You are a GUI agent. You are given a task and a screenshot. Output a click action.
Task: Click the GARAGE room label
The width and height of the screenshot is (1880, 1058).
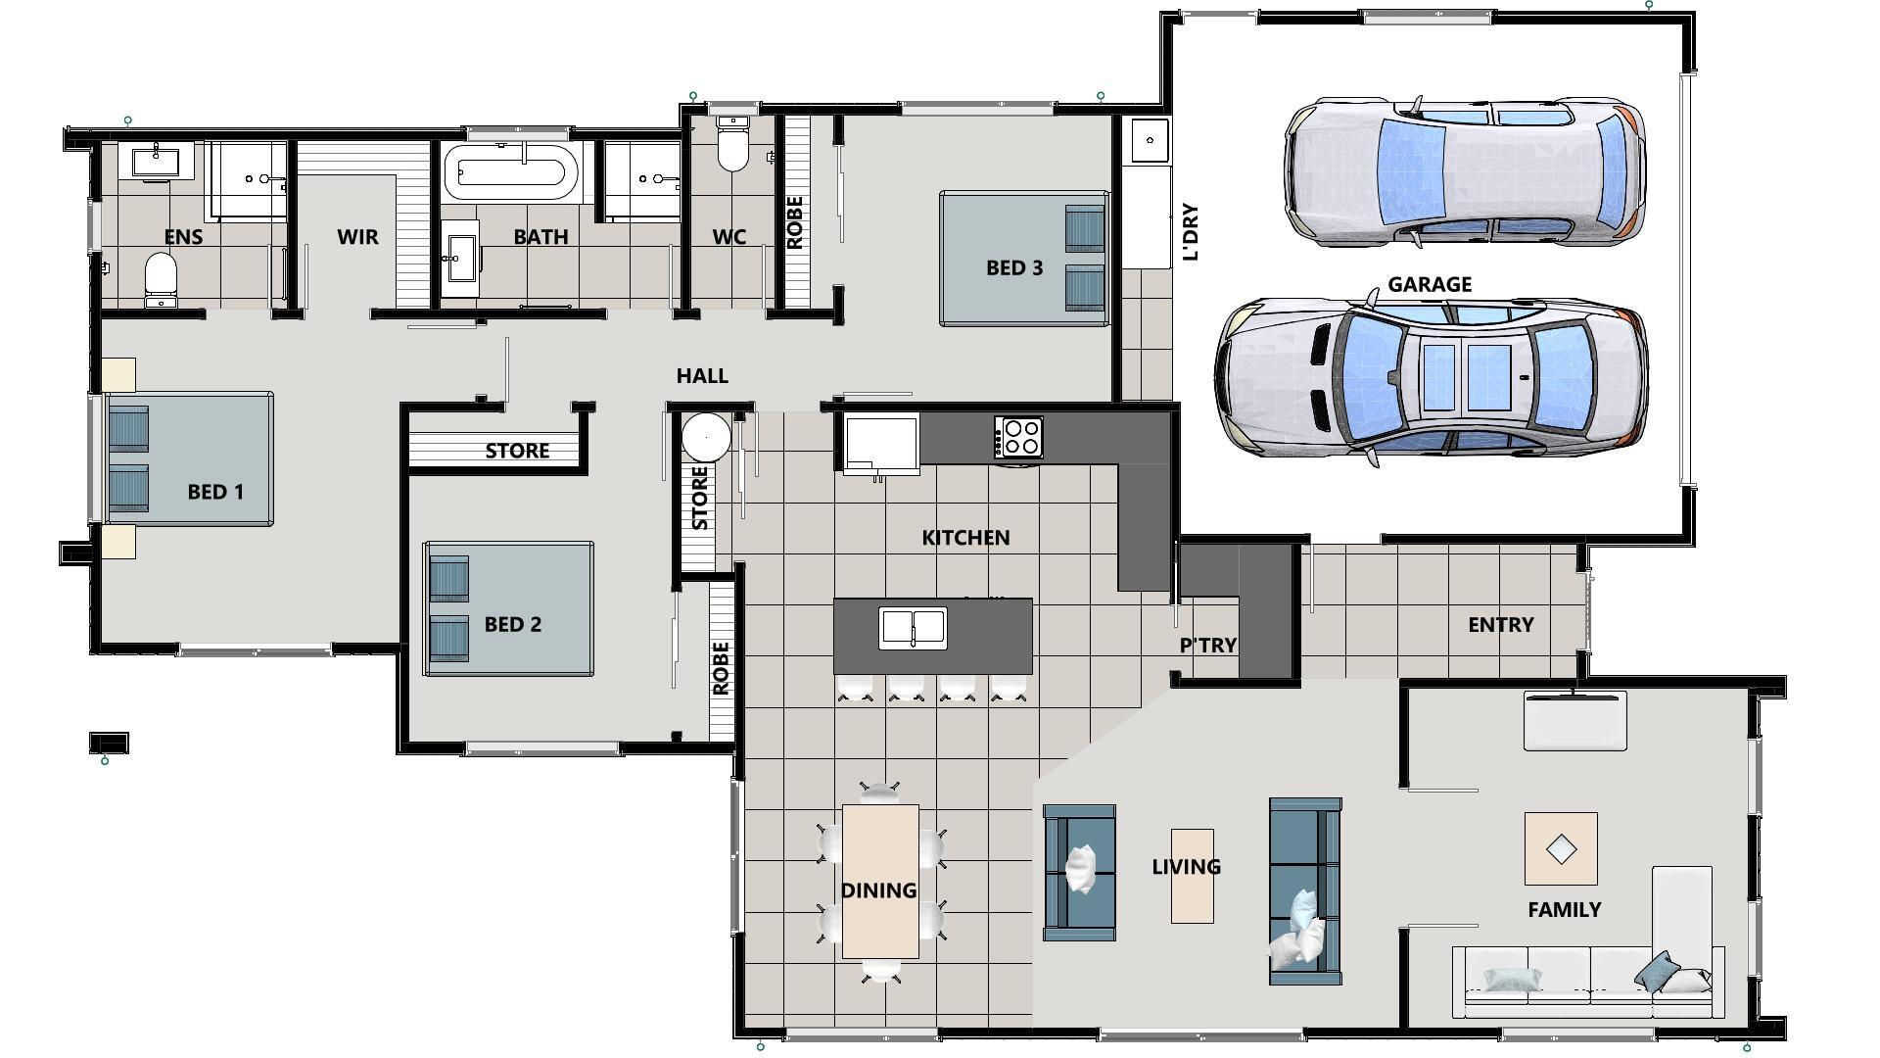pyautogui.click(x=1429, y=285)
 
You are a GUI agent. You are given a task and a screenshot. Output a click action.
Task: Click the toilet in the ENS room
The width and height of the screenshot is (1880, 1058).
pyautogui.click(x=160, y=278)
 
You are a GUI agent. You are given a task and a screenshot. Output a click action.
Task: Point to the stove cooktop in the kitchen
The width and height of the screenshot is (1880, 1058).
pyautogui.click(x=1018, y=437)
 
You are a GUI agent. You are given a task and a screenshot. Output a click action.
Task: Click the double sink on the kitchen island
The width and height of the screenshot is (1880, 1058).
pyautogui.click(x=913, y=628)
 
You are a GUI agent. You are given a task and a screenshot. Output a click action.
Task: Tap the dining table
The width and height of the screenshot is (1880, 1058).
pyautogui.click(x=879, y=881)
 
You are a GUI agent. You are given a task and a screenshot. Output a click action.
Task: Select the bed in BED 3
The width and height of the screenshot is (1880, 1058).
pyautogui.click(x=1023, y=259)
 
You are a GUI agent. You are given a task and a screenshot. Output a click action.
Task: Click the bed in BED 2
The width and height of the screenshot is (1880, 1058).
pyautogui.click(x=508, y=608)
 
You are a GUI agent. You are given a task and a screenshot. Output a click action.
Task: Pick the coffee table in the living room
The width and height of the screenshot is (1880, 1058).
pyautogui.click(x=1192, y=876)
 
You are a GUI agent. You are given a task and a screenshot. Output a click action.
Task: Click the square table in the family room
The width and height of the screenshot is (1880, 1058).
pyautogui.click(x=1561, y=848)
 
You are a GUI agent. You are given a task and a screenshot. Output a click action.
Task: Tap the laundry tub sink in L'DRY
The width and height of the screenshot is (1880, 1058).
pyautogui.click(x=1149, y=141)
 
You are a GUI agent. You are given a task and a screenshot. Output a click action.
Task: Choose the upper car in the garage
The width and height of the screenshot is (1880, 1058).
pyautogui.click(x=1464, y=171)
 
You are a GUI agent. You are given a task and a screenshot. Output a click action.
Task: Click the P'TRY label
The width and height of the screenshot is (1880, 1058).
pyautogui.click(x=1207, y=646)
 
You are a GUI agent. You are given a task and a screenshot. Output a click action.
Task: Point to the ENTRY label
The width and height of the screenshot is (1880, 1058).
pyautogui.click(x=1500, y=625)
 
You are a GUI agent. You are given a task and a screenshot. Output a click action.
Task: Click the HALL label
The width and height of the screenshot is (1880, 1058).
pyautogui.click(x=702, y=376)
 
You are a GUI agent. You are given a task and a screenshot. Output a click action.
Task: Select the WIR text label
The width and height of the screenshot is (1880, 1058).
pyautogui.click(x=357, y=237)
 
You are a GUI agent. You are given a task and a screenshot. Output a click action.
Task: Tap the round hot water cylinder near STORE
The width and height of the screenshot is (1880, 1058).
pyautogui.click(x=706, y=437)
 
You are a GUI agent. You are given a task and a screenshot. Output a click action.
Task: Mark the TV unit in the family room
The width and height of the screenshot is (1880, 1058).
pyautogui.click(x=1574, y=721)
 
